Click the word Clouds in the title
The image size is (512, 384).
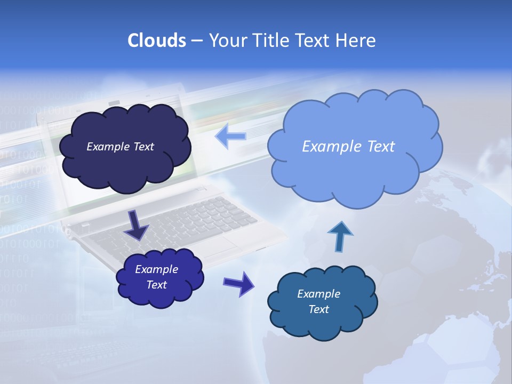coord(156,41)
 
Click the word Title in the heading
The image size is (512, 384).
coord(270,41)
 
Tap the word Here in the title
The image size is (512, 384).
coord(357,41)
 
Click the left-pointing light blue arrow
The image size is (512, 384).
coord(230,137)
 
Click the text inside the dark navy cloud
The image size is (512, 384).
coord(120,147)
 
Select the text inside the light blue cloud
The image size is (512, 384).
coord(348,147)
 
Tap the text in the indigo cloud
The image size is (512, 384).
coord(157,277)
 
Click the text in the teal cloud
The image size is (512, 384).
coord(318,301)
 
